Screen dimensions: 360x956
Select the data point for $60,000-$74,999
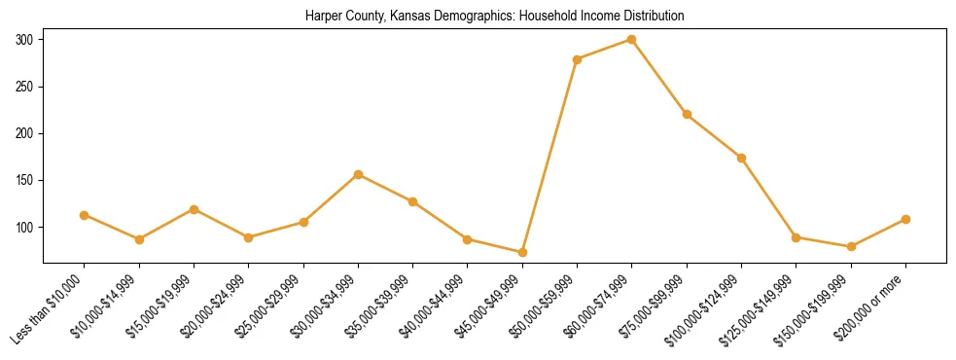click(x=632, y=40)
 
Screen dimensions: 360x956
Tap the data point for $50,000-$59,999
click(x=578, y=59)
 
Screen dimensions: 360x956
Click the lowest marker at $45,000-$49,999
click(x=522, y=252)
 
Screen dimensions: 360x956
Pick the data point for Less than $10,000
click(x=85, y=215)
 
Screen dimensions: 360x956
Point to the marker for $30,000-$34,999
click(x=359, y=174)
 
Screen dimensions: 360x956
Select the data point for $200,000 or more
click(x=905, y=219)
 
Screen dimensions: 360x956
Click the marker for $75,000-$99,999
click(x=687, y=114)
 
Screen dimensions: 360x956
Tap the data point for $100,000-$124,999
click(x=741, y=158)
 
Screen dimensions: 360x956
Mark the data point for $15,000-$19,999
click(x=194, y=209)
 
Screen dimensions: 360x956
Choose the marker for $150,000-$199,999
click(x=851, y=246)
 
